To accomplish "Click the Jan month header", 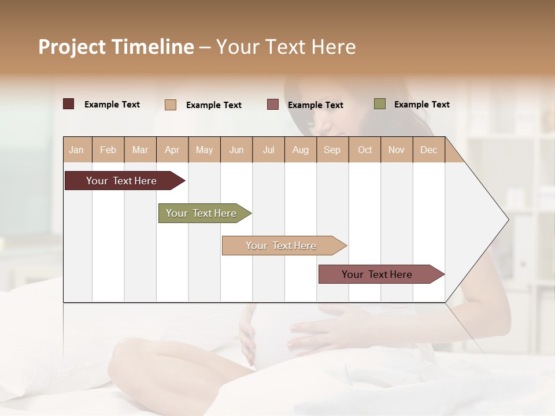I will [77, 150].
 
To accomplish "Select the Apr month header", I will [172, 150].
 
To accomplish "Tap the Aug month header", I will [301, 150].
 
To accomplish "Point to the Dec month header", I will [428, 150].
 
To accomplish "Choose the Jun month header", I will [236, 150].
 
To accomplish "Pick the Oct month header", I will [365, 150].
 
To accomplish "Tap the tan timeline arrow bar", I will [282, 246].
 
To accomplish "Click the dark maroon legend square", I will [68, 104].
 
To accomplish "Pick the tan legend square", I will [171, 105].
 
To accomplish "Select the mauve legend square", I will [273, 104].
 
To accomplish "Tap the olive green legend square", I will [380, 104].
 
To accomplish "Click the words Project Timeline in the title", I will [116, 47].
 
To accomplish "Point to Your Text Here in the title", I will [286, 47].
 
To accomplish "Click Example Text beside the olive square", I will [421, 104].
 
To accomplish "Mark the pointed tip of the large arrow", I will [508, 220].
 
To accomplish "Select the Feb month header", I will [108, 150].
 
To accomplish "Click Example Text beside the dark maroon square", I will [112, 104].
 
